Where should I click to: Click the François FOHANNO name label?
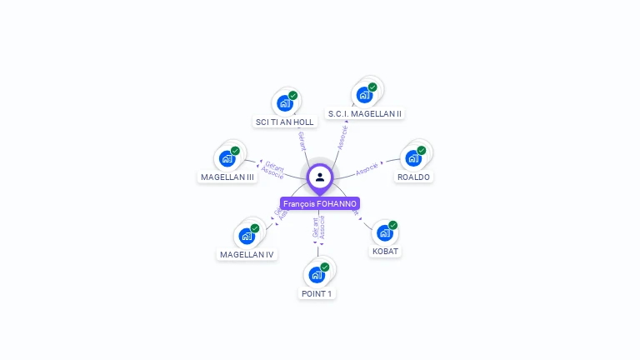click(x=320, y=203)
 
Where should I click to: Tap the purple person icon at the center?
click(x=320, y=177)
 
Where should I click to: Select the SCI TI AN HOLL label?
click(x=285, y=122)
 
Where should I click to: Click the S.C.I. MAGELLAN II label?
click(x=365, y=113)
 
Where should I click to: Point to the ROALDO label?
click(x=413, y=177)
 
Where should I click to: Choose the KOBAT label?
click(x=385, y=251)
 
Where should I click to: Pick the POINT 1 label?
click(x=317, y=293)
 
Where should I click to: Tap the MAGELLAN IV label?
click(x=247, y=254)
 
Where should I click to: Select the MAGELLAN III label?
click(x=227, y=177)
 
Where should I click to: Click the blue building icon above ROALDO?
click(x=413, y=158)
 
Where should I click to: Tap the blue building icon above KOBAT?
click(x=384, y=232)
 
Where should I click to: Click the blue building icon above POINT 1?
click(x=317, y=275)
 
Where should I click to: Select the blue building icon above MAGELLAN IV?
click(x=247, y=236)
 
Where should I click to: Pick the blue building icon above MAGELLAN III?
click(x=227, y=158)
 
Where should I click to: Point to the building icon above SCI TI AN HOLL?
click(x=285, y=103)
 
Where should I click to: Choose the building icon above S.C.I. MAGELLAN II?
click(x=364, y=95)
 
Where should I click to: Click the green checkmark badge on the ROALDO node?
click(x=422, y=151)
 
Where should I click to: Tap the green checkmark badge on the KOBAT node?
click(x=392, y=225)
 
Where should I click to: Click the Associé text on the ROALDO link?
click(x=367, y=168)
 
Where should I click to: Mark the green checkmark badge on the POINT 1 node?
click(x=325, y=267)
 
